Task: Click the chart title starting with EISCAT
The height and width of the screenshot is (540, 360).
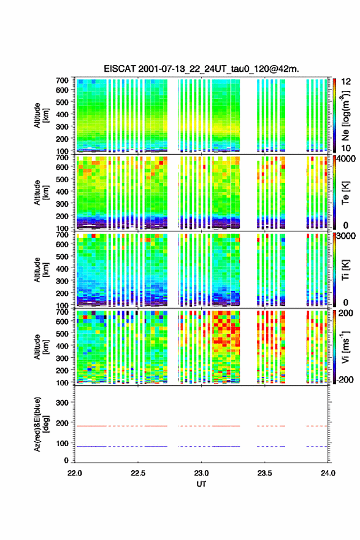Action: [201, 69]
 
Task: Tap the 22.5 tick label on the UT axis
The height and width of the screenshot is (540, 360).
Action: [137, 473]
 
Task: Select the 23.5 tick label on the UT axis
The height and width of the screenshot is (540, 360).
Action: [264, 473]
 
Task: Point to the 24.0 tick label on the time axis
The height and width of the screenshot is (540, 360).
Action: [327, 473]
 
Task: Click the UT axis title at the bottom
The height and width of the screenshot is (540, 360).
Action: [201, 484]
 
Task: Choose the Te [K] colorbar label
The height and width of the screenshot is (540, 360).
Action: [345, 193]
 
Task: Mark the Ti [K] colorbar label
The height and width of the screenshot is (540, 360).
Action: [345, 270]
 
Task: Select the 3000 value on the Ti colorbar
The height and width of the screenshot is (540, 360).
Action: [345, 236]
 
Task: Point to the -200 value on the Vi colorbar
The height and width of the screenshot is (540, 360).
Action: [343, 379]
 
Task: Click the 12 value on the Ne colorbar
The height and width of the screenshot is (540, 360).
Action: [346, 82]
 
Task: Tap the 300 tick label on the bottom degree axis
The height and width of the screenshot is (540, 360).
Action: [62, 403]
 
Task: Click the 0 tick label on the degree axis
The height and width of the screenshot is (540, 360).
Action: [66, 460]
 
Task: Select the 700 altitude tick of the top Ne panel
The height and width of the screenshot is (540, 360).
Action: [62, 80]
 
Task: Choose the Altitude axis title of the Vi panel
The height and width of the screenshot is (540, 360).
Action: [40, 347]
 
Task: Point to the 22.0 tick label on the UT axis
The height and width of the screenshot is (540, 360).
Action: [75, 473]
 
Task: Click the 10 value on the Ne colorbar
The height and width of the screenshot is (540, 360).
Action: [346, 148]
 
